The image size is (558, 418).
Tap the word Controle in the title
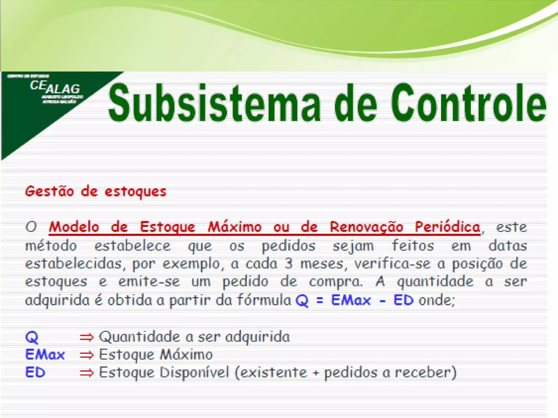pyautogui.click(x=469, y=103)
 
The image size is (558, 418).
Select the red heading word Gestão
pyautogui.click(x=49, y=191)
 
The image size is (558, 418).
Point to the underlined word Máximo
pyautogui.click(x=235, y=227)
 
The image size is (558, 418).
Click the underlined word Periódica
pyautogui.click(x=447, y=227)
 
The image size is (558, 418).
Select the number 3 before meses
pyautogui.click(x=289, y=263)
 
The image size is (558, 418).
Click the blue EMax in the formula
pyautogui.click(x=351, y=300)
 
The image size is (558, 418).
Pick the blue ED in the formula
pyautogui.click(x=404, y=300)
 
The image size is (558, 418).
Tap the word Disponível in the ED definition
pyautogui.click(x=194, y=372)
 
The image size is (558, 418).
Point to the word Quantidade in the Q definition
pyautogui.click(x=139, y=337)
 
